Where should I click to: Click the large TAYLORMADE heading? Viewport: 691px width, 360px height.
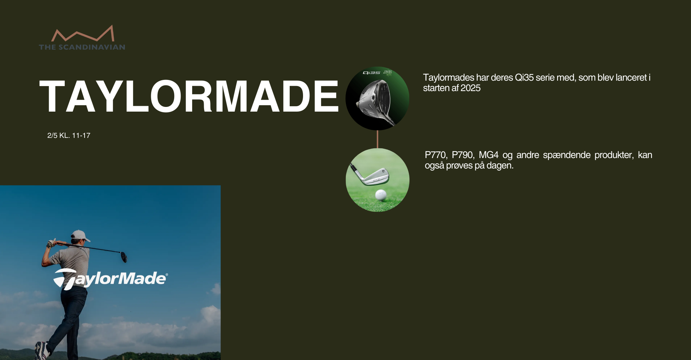(189, 96)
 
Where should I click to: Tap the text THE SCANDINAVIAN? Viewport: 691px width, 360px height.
(82, 47)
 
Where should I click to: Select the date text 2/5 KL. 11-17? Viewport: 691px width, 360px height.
(69, 136)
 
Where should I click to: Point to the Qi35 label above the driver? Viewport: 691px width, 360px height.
(371, 73)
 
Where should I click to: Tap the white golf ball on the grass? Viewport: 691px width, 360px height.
(381, 195)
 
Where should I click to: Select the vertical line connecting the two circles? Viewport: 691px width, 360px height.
(377, 139)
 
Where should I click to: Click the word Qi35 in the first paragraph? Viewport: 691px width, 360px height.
(524, 78)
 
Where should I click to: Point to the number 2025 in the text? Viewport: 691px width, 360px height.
(470, 88)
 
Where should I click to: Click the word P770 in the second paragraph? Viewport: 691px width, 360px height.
(436, 155)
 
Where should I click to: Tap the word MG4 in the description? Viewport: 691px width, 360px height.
(489, 155)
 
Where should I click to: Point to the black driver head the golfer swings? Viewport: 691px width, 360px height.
(124, 257)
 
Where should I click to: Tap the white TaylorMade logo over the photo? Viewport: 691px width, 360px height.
(110, 279)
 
